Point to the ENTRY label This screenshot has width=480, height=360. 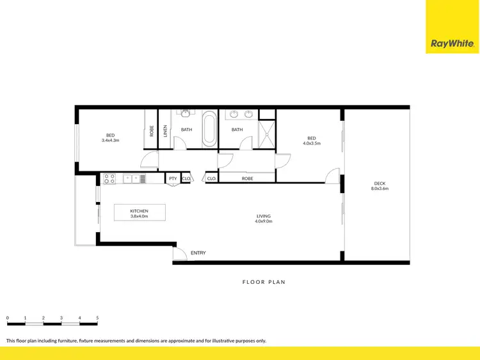(x=198, y=253)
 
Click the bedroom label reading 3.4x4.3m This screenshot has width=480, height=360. (x=110, y=137)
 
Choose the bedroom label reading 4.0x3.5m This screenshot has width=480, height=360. (x=312, y=141)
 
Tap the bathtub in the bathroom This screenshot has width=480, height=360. (x=209, y=130)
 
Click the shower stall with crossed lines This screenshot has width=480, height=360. (x=267, y=135)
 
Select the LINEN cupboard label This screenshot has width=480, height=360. (x=165, y=130)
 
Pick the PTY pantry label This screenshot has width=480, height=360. (x=173, y=178)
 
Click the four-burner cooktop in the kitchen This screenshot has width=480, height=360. (x=109, y=178)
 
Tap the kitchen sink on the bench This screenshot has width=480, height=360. (x=135, y=178)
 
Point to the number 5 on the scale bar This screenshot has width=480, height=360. (x=97, y=317)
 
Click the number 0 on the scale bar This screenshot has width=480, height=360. (x=7, y=317)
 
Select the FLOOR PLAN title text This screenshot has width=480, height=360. (x=263, y=281)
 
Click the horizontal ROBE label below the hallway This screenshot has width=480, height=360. (x=247, y=178)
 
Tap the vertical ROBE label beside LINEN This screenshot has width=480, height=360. (x=152, y=130)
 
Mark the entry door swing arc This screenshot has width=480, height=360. (x=180, y=254)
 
